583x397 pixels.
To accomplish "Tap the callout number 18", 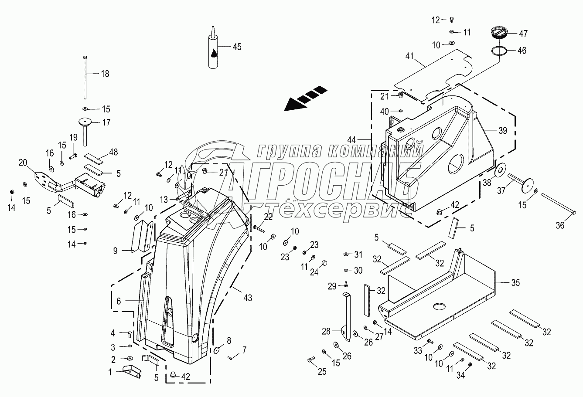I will click(x=105, y=74).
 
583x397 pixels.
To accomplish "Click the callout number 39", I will click(x=502, y=131).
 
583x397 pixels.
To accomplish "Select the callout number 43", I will click(x=248, y=298).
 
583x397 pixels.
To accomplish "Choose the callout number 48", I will click(x=114, y=152).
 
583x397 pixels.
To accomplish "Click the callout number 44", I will click(x=351, y=140).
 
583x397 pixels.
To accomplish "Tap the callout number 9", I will click(x=115, y=250).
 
